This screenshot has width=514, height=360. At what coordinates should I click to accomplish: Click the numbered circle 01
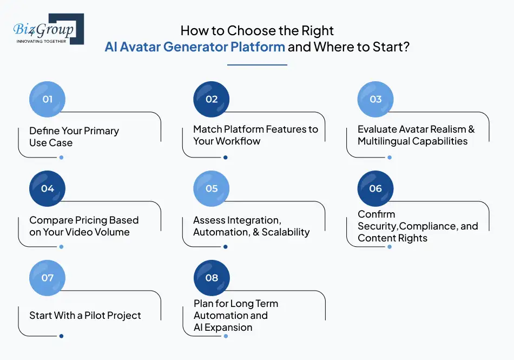click(48, 100)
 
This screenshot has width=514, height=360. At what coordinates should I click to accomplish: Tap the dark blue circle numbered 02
click(212, 100)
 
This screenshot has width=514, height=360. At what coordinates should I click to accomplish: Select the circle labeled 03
click(375, 100)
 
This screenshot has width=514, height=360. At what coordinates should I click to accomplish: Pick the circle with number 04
click(48, 189)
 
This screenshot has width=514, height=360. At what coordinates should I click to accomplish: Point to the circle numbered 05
click(212, 189)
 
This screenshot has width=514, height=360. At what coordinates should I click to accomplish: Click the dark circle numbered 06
click(375, 189)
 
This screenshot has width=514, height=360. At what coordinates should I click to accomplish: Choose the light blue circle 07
click(48, 278)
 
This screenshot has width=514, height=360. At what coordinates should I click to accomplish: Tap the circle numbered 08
click(212, 278)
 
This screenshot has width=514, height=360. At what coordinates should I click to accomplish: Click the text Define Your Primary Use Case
click(74, 137)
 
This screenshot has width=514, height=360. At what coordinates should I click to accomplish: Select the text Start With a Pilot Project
click(85, 316)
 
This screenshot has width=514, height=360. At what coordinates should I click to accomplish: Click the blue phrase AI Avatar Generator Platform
click(195, 47)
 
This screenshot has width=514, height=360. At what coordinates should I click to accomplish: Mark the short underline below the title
click(257, 65)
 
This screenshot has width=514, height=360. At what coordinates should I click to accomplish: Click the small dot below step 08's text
click(226, 336)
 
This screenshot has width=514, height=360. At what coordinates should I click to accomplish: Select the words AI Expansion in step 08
click(223, 328)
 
